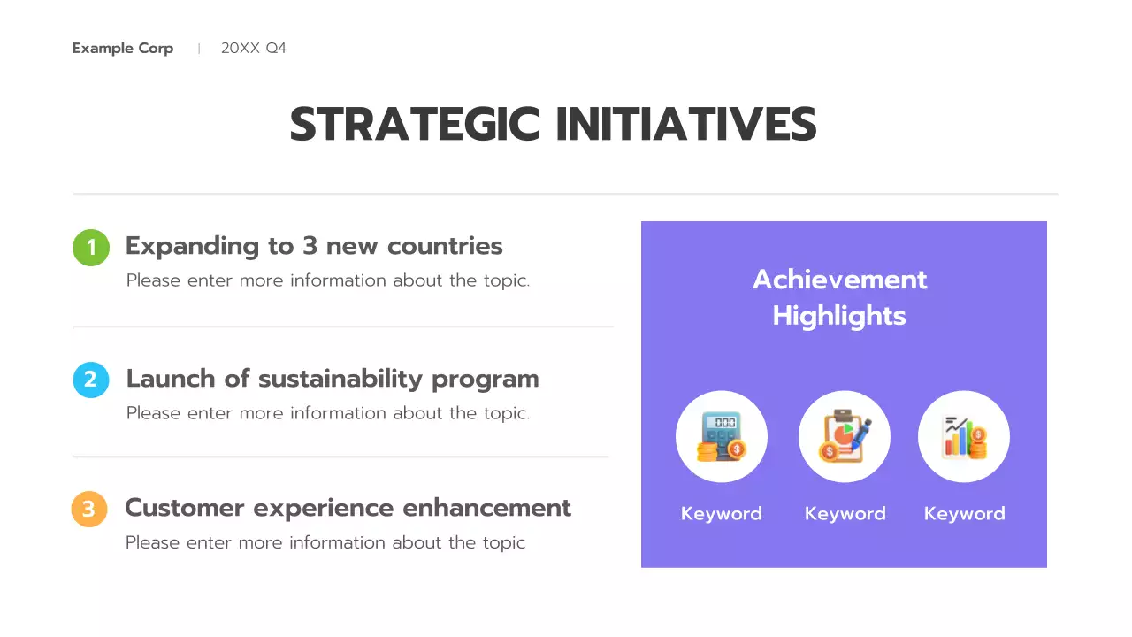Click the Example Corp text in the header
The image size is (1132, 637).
pyautogui.click(x=123, y=48)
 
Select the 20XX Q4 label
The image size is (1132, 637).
pyautogui.click(x=254, y=48)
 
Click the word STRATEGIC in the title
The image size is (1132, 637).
pyautogui.click(x=415, y=124)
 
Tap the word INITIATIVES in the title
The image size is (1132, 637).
pyautogui.click(x=686, y=124)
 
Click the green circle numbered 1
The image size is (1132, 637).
pyautogui.click(x=90, y=248)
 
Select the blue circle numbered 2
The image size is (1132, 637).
pyautogui.click(x=90, y=380)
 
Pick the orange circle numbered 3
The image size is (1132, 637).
pyautogui.click(x=89, y=510)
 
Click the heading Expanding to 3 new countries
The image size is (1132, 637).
pyautogui.click(x=314, y=246)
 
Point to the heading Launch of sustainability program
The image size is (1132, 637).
pyautogui.click(x=333, y=379)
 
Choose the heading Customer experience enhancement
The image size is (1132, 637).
pyautogui.click(x=348, y=508)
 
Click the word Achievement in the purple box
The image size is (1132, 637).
pyautogui.click(x=839, y=280)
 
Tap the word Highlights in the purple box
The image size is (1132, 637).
pyautogui.click(x=839, y=316)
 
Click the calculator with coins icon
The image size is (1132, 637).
pyautogui.click(x=721, y=437)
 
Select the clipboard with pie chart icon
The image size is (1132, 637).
pyautogui.click(x=845, y=437)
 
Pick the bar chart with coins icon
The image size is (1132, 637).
pyautogui.click(x=964, y=437)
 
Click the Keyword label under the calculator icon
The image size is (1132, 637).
pyautogui.click(x=721, y=514)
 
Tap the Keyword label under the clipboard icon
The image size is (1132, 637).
pyautogui.click(x=845, y=514)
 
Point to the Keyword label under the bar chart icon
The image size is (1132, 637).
pyautogui.click(x=964, y=514)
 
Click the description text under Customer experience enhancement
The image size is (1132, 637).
pyautogui.click(x=325, y=542)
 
